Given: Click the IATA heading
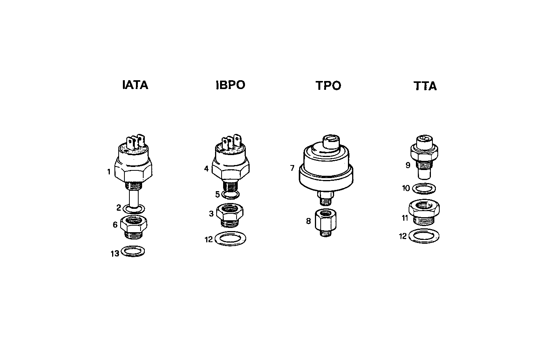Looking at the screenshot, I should [135, 85].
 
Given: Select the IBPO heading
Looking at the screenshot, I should [230, 85].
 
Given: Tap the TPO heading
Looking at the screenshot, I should [328, 86].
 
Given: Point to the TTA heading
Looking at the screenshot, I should [425, 86].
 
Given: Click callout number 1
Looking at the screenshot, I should [109, 172].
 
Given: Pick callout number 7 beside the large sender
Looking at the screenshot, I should [292, 168].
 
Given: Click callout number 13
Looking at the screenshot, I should [115, 254].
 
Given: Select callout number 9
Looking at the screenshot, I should [407, 165].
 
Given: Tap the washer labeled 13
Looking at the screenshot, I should [133, 252].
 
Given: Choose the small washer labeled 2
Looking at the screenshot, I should [134, 209].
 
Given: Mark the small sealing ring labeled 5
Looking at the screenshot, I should [230, 195].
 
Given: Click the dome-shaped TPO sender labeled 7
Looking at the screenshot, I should [326, 165].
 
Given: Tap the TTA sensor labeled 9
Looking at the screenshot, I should [425, 157].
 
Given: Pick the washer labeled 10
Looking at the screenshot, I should [424, 188].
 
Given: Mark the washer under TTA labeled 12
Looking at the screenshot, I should [424, 236].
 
